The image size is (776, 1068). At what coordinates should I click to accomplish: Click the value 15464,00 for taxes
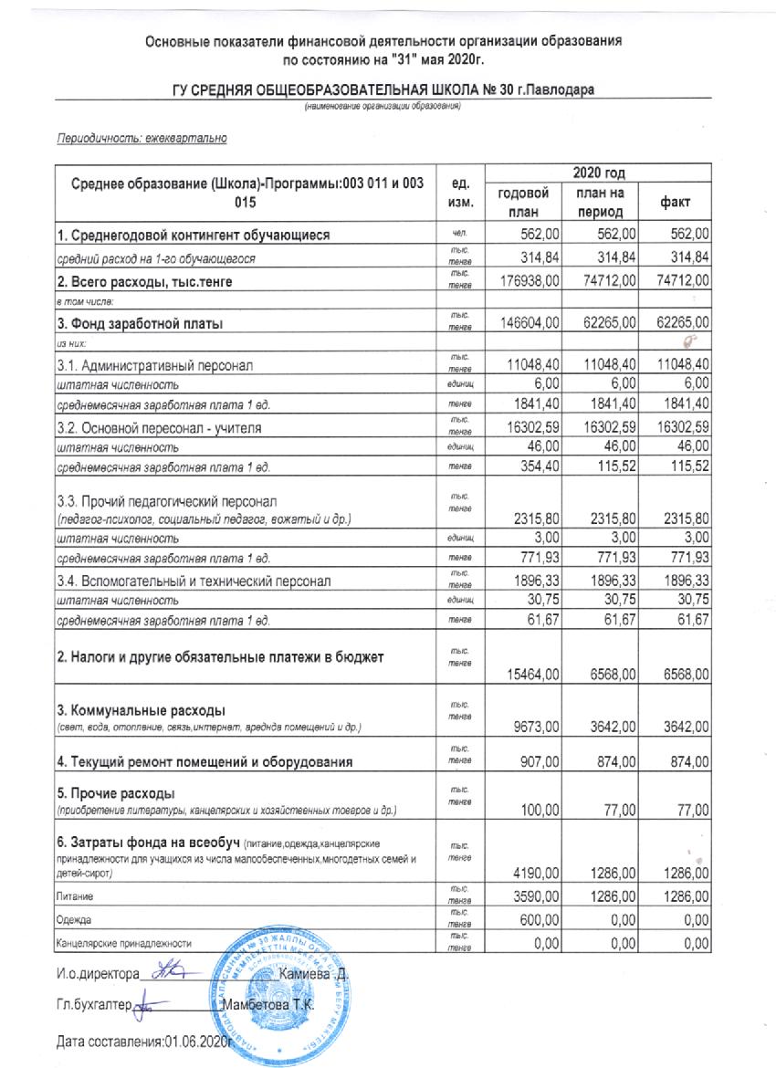530,675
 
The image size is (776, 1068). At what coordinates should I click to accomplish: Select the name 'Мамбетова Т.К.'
272,1004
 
